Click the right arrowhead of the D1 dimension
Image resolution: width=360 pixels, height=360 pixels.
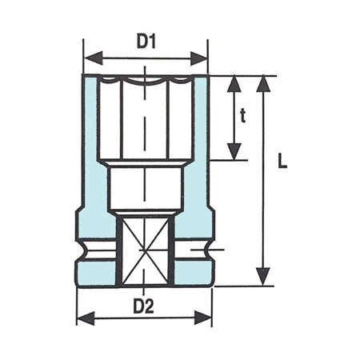(x=202, y=58)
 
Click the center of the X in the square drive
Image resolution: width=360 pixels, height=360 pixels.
(x=145, y=251)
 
